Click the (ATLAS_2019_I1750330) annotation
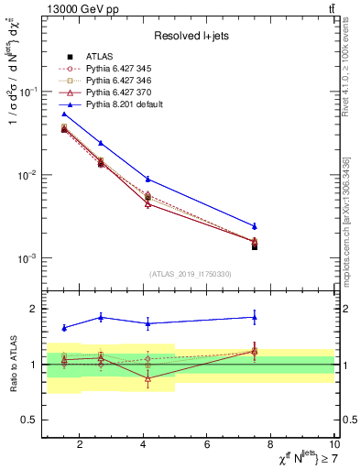(190, 274)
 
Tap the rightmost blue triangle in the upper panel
(255, 226)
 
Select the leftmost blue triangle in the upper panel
(64, 115)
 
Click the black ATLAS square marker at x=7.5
(255, 246)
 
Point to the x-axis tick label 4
(144, 445)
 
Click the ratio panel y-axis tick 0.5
(31, 420)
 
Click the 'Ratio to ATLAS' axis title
(12, 364)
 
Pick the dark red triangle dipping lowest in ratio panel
(147, 378)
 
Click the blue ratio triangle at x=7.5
(255, 317)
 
